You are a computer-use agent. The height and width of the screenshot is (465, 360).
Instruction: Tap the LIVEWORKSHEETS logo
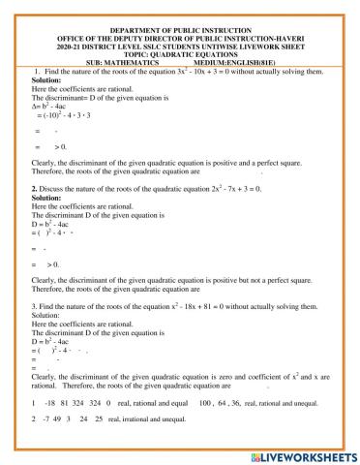tap(305, 454)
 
